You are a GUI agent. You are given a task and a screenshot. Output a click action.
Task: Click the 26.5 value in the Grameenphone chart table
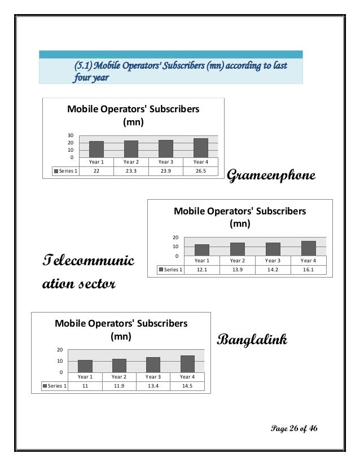200,171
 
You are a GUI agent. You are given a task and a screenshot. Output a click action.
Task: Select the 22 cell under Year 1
96,171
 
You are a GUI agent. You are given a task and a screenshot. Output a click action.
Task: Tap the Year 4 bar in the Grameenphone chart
200,148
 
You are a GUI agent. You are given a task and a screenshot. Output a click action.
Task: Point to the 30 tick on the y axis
71,136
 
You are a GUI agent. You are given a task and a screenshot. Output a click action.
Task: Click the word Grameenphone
270,177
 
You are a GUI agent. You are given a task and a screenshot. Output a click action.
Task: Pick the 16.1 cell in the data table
308,270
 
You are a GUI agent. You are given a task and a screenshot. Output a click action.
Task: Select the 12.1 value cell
201,270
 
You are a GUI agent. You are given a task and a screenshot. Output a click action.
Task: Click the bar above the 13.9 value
237,249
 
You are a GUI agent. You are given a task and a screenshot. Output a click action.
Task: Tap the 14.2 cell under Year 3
273,270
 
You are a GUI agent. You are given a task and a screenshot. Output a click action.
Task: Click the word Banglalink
252,340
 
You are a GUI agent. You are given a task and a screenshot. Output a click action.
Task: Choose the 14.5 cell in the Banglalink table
187,386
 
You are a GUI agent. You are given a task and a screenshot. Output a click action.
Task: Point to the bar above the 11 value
85,366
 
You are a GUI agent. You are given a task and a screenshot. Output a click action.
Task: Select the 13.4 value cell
153,386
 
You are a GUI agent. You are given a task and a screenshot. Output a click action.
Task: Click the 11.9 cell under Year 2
119,386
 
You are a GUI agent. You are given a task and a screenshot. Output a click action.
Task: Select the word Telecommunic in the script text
89,262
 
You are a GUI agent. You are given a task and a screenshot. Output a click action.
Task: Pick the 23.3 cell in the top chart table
131,171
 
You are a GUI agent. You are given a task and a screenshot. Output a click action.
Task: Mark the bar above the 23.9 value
165,149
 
